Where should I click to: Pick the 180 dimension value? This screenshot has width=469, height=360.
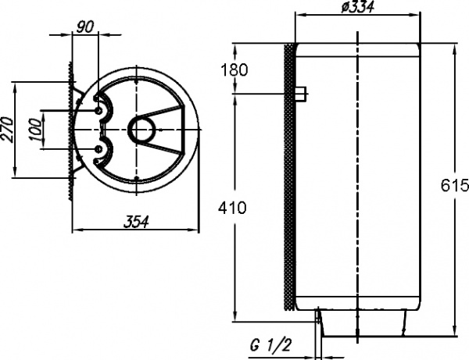[x=234, y=70]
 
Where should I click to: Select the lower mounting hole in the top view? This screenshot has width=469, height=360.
[x=98, y=148]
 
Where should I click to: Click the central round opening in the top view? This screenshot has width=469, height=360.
[x=143, y=130]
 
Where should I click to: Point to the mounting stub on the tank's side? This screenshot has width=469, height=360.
[x=300, y=95]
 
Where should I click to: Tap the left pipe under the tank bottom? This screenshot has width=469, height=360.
[x=319, y=316]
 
